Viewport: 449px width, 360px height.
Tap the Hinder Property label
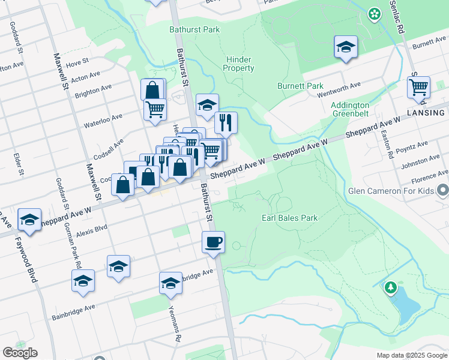coord(239,64)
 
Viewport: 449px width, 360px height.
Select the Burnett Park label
coord(300,86)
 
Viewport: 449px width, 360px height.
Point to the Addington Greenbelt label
coord(350,109)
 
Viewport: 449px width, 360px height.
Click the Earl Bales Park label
coord(289,218)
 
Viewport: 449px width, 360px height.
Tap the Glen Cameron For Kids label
coord(391,191)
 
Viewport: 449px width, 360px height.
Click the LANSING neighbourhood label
coord(427,112)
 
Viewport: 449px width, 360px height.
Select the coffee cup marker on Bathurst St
coord(214,242)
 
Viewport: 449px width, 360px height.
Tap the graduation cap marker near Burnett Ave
coord(346,47)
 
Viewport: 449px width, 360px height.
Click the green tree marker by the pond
coord(391,288)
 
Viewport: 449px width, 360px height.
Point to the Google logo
coord(20,352)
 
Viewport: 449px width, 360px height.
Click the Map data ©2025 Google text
coord(411,355)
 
